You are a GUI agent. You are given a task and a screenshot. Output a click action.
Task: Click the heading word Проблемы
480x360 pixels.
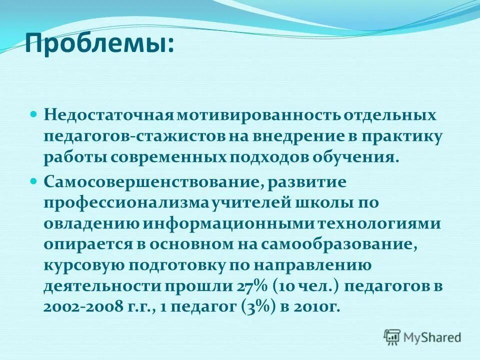coord(97,44)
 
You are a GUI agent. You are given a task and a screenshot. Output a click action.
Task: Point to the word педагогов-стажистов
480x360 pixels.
coord(134,137)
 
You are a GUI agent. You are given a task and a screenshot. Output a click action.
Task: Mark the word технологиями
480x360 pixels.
coord(391,224)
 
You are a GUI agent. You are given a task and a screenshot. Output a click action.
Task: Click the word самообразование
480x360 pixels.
coord(339,245)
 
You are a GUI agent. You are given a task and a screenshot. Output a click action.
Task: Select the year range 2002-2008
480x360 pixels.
coord(82,307)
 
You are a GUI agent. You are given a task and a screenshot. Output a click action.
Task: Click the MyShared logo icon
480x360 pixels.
coord(392,337)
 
